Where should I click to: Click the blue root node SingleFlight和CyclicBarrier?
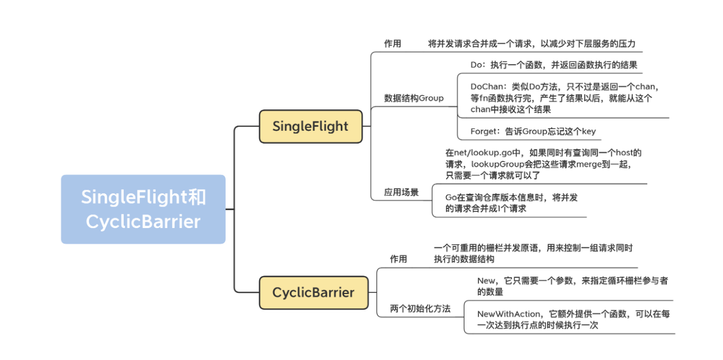143,209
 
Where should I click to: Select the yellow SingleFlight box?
311,126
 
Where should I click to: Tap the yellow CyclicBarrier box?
313,292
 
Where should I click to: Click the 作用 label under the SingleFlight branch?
392,43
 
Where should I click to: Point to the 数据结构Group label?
414,98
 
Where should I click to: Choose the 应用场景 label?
401,192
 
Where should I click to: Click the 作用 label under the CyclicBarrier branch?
398,259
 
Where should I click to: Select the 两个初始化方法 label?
421,308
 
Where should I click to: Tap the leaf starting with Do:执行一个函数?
554,65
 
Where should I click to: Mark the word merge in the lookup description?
587,164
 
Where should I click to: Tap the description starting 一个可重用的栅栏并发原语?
533,253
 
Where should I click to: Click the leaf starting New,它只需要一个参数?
572,286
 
